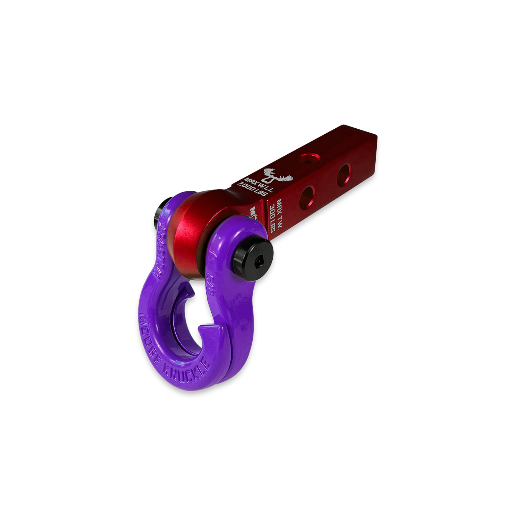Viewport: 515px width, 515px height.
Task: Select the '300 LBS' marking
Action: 273,217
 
